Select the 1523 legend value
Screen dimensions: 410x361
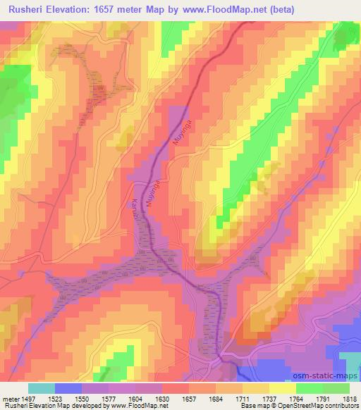[54, 398]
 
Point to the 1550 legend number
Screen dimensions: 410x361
[82, 398]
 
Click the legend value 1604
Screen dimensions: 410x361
[137, 398]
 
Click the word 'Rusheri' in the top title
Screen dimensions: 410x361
[26, 9]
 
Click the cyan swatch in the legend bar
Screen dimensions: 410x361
[41, 388]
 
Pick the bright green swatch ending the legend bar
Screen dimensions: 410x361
[336, 388]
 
